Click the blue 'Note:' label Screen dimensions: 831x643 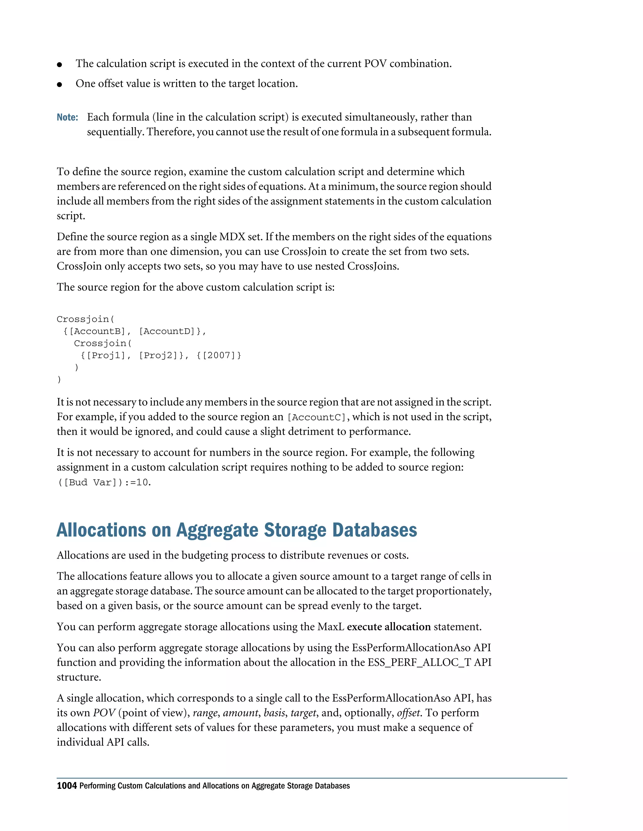[x=68, y=117]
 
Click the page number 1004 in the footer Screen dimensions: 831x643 [x=67, y=786]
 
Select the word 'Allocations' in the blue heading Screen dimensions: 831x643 [x=101, y=530]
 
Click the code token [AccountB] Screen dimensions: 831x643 [x=97, y=331]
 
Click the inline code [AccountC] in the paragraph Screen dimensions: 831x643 [x=316, y=417]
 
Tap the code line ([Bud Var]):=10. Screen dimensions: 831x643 [x=104, y=483]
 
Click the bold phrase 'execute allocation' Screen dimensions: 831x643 [x=389, y=627]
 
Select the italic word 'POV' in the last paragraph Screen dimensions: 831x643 [x=104, y=713]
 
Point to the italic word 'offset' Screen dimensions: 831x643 [x=408, y=713]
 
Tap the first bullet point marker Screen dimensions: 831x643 [x=59, y=65]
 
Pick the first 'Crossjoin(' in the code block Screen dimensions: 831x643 [x=85, y=319]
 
